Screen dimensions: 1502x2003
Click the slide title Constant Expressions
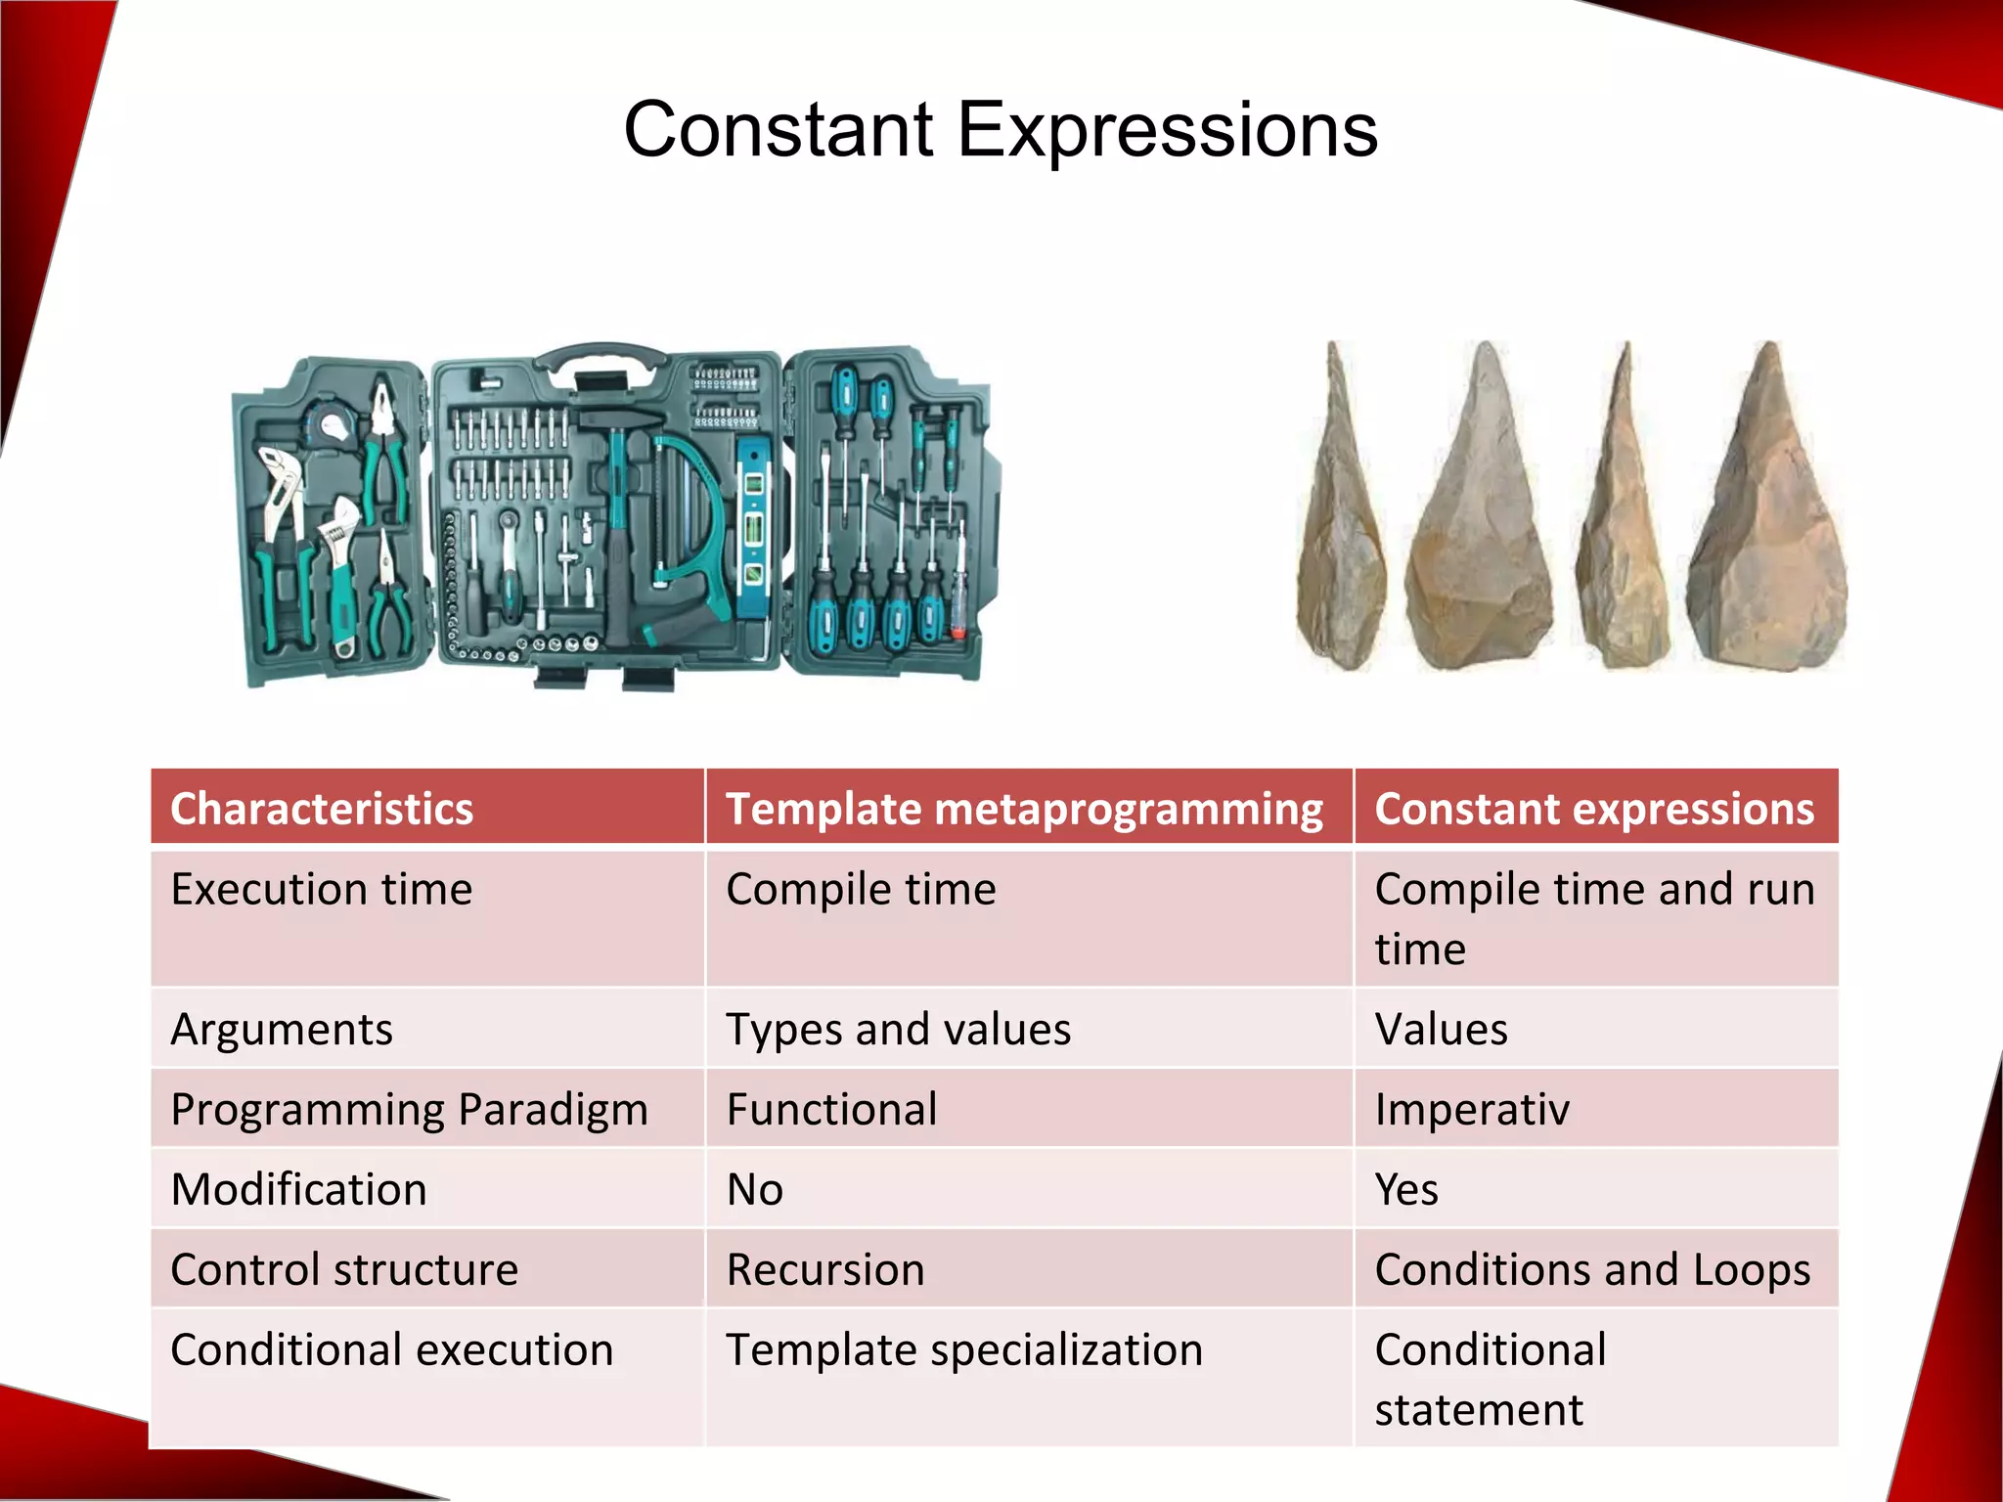point(1001,129)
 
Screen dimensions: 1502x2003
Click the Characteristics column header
point(322,809)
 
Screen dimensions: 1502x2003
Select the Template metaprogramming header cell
point(1024,809)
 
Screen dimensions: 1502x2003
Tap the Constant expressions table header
point(1594,809)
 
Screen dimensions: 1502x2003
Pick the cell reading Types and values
point(898,1029)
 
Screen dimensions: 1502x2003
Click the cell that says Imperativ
point(1471,1110)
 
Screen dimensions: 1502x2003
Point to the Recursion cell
point(825,1269)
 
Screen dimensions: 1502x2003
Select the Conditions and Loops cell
point(1592,1269)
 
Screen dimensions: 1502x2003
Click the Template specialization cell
point(963,1349)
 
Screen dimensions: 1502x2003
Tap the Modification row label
point(298,1190)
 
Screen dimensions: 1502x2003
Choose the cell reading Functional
point(831,1110)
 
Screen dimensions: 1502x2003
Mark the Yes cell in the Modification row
point(1406,1190)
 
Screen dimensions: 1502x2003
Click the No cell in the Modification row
point(754,1190)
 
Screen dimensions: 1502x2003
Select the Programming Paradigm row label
point(409,1110)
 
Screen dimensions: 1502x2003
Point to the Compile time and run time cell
point(1594,918)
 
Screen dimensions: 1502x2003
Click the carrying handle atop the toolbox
point(603,358)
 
